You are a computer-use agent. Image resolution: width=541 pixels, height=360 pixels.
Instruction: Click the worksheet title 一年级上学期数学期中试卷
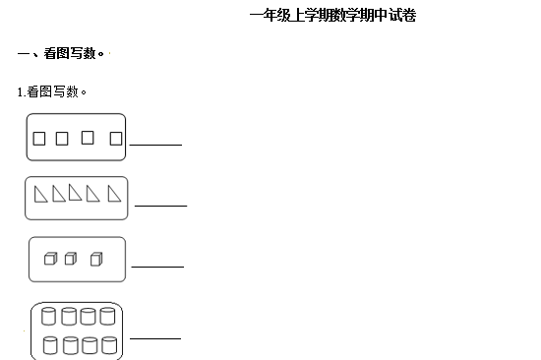pos(332,16)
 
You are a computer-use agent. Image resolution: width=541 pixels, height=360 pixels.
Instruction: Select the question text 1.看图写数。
pos(52,91)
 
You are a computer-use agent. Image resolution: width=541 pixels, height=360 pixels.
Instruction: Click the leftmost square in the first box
pos(39,139)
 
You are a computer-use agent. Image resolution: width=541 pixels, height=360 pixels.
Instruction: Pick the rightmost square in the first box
pos(116,139)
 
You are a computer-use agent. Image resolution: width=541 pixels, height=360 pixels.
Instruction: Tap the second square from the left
pos(62,139)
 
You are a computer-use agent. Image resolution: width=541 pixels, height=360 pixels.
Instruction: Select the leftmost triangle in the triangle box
pos(39,195)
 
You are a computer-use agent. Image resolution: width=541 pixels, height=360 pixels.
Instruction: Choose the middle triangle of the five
pos(76,195)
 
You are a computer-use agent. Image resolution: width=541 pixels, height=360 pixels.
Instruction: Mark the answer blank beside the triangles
pos(160,205)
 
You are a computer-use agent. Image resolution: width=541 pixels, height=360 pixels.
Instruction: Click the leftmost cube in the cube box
pos(50,259)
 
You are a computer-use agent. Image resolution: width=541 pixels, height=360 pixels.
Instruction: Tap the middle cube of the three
pos(70,259)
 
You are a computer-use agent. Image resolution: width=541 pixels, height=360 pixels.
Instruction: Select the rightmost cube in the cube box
pos(95,259)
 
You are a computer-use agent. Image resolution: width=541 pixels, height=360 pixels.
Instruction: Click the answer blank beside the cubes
pos(157,266)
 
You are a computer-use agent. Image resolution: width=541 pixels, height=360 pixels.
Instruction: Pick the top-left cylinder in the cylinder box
pos(49,317)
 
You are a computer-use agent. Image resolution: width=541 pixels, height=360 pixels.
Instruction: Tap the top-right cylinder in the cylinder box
pos(108,317)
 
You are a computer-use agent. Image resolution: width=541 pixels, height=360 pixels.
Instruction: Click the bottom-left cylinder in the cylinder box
pos(49,345)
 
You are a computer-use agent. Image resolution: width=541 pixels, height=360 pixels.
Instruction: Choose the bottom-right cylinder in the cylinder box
pos(108,345)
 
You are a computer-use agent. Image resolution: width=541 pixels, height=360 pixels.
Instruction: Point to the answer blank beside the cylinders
pos(155,337)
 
